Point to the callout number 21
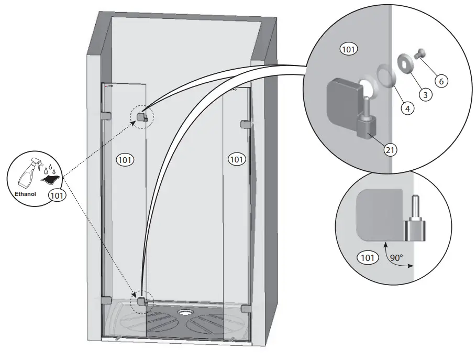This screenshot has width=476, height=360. click(390, 149)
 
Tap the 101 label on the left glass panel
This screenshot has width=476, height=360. click(125, 159)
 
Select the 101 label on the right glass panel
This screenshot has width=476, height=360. click(237, 158)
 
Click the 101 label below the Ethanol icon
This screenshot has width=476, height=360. click(57, 195)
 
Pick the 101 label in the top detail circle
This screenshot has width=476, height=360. click(349, 50)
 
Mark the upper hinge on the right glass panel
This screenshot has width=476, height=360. click(245, 124)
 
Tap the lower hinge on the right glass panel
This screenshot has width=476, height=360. click(244, 309)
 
